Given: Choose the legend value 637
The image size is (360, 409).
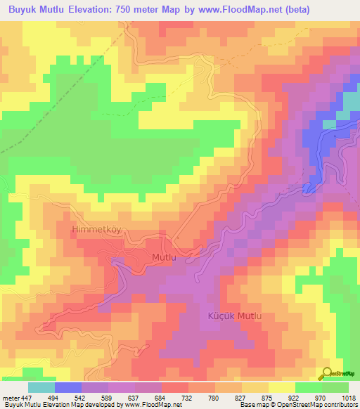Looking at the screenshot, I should tap(135, 397).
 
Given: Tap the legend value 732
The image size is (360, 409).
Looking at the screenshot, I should tap(188, 397).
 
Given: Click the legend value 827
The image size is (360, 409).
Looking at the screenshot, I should tap(242, 397).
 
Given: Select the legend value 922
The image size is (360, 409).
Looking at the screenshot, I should tap(295, 397).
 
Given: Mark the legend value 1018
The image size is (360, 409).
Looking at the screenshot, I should tap(349, 397).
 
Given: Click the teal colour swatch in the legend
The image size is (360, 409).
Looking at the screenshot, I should tap(41, 387).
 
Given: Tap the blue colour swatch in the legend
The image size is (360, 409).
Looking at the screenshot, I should tap(68, 387).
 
